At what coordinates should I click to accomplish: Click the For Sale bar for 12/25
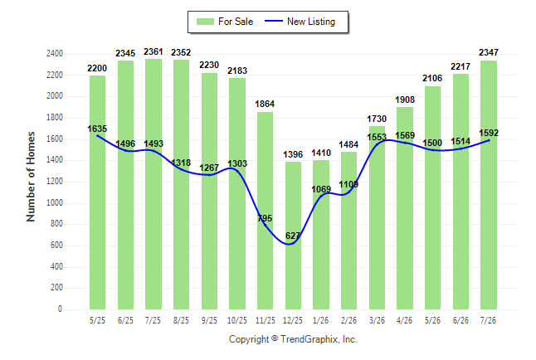[x=293, y=236]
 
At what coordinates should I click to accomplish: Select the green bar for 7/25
[x=153, y=184]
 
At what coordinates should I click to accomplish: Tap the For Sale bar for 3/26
[x=377, y=218]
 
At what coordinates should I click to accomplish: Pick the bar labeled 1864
[x=266, y=211]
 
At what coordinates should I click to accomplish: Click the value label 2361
[x=153, y=51]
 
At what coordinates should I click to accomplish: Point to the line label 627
[x=293, y=236]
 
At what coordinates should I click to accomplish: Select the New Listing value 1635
[x=97, y=129]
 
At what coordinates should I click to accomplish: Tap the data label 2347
[x=489, y=52]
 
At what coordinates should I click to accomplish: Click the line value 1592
[x=489, y=133]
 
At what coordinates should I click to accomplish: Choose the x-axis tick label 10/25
[x=237, y=320]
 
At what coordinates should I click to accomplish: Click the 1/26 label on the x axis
[x=320, y=320]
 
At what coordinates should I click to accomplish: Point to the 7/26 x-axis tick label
[x=488, y=320]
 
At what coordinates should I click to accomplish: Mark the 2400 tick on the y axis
[x=55, y=54]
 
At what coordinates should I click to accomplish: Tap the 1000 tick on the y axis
[x=55, y=202]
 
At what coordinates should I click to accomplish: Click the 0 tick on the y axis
[x=61, y=309]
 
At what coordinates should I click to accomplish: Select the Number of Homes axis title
[x=31, y=177]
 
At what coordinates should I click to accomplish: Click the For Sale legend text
[x=236, y=22]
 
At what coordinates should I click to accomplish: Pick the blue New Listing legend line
[x=274, y=22]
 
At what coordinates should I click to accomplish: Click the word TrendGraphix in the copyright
[x=309, y=339]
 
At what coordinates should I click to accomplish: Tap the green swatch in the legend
[x=205, y=22]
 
